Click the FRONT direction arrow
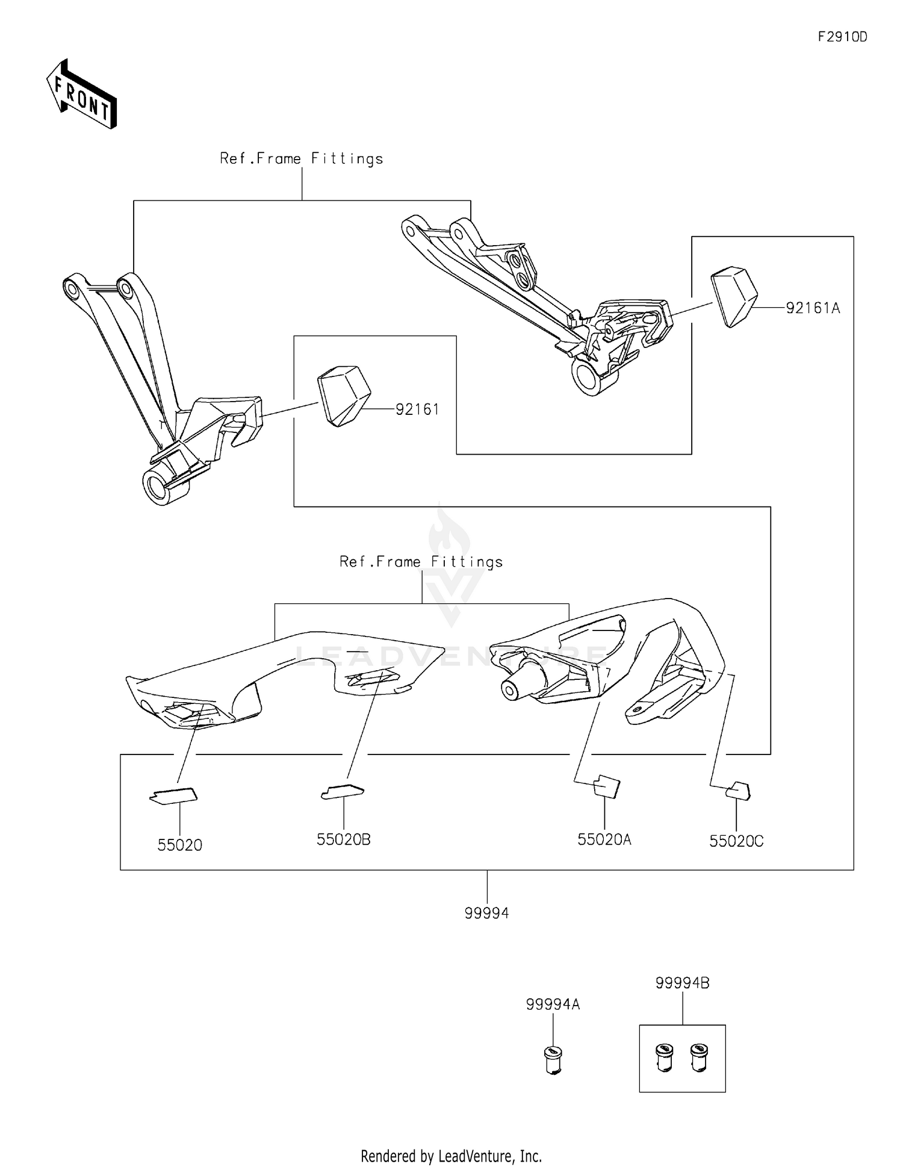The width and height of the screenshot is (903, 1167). [82, 95]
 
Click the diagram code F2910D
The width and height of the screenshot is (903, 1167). [842, 37]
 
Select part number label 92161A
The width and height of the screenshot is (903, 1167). [812, 308]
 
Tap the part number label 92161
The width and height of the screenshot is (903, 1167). [417, 409]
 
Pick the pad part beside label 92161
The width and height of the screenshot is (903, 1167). [343, 396]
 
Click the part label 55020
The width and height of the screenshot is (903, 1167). [179, 845]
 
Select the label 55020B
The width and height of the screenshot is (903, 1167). [343, 839]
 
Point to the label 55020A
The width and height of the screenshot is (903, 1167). [604, 839]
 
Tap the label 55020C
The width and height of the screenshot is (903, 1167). [736, 841]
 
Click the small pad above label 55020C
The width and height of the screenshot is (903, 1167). [738, 791]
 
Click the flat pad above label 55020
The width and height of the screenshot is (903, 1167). [173, 796]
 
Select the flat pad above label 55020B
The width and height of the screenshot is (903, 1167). [342, 791]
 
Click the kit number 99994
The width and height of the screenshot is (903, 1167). [486, 913]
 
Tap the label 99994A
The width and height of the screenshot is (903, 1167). [553, 1004]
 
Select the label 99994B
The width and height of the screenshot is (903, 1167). [682, 983]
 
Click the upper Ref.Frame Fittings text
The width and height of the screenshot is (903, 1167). [301, 159]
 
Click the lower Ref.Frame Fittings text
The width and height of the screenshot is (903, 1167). [421, 562]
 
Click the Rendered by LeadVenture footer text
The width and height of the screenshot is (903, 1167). [451, 1156]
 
